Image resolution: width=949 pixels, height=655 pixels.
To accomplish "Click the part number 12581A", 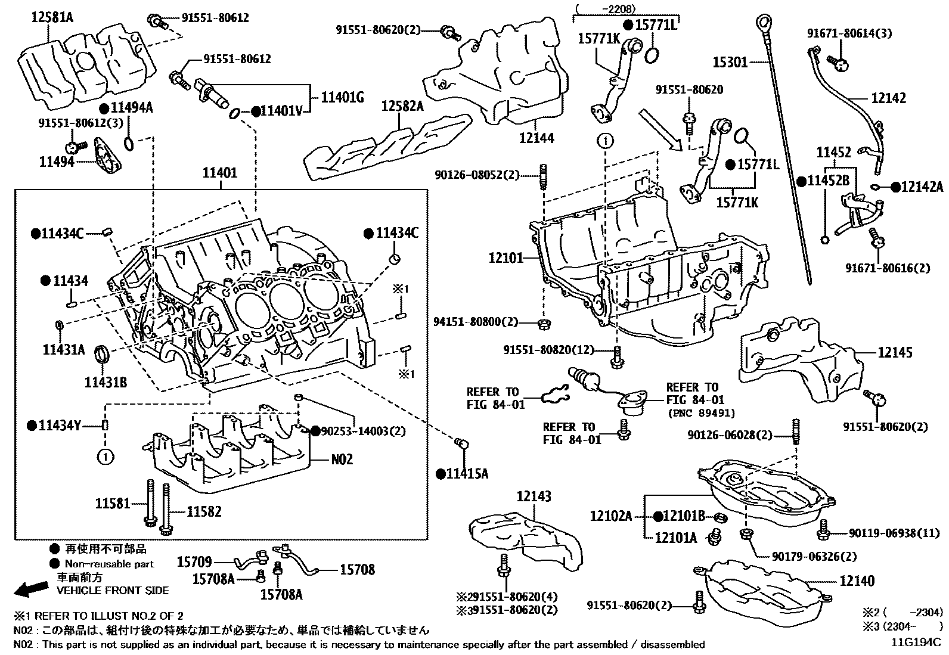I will click(x=52, y=17).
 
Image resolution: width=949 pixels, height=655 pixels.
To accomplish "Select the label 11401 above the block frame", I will click(x=219, y=173).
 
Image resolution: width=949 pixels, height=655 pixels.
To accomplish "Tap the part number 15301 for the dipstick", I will click(x=730, y=61).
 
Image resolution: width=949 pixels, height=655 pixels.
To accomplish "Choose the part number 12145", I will click(x=895, y=352).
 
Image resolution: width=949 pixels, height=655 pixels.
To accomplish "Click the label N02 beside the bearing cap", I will click(x=342, y=459).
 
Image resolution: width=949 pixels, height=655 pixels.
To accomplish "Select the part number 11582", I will click(x=204, y=511).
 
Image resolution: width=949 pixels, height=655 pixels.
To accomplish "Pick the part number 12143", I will click(x=534, y=496).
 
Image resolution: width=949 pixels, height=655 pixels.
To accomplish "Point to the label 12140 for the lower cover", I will click(x=857, y=581).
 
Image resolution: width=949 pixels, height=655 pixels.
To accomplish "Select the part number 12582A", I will click(x=402, y=107).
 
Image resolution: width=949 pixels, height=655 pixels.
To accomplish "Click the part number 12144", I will click(x=536, y=138).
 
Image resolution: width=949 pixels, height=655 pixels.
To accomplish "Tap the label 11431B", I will click(x=105, y=382).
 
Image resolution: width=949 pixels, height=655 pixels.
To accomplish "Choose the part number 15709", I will click(x=194, y=561).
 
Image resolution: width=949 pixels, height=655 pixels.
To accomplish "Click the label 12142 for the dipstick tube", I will click(x=888, y=98).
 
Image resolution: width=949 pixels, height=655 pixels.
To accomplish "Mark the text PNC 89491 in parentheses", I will click(x=700, y=413).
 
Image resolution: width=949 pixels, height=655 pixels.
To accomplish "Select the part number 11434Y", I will click(x=59, y=426).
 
